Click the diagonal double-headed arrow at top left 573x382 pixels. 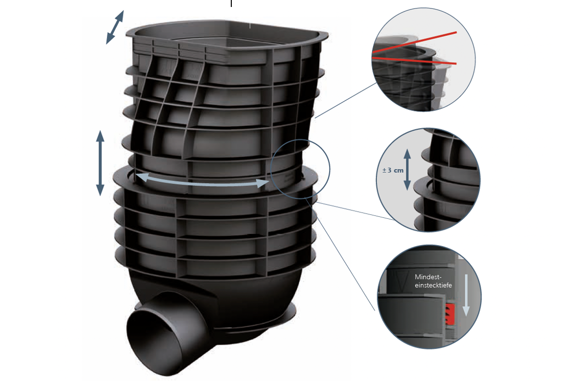[x=115, y=27]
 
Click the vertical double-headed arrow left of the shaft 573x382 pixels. [x=100, y=163]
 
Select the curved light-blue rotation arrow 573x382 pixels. [x=203, y=183]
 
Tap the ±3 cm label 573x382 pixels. [x=393, y=170]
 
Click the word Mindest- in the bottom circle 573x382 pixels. [x=428, y=277]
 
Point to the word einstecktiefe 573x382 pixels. [x=433, y=285]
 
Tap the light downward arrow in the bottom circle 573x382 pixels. [x=466, y=295]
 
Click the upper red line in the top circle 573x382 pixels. [x=414, y=42]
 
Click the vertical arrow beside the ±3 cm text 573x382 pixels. [x=407, y=169]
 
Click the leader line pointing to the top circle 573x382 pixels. [x=345, y=100]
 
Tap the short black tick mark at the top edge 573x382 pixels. [x=231, y=3]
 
